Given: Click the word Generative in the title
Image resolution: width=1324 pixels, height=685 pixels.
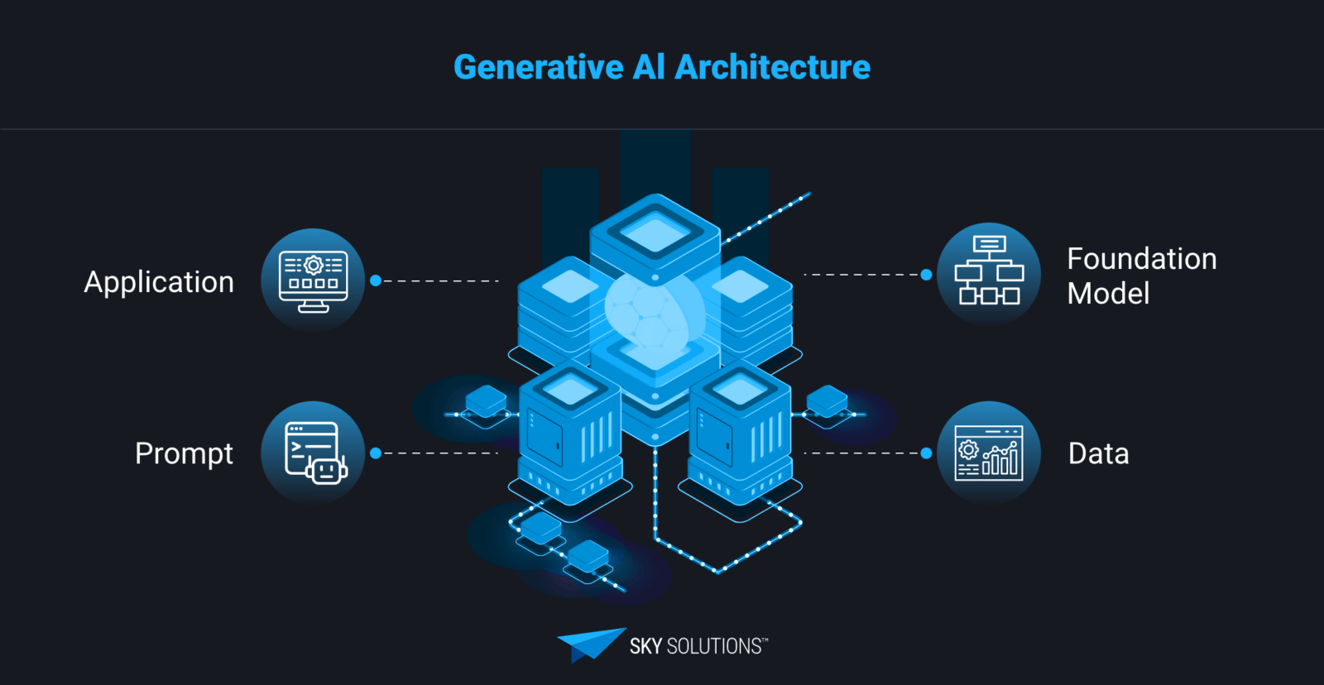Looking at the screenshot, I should (538, 67).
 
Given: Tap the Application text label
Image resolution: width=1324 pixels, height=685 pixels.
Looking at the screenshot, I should (159, 282).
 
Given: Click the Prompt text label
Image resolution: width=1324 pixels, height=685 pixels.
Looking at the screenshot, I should (184, 453).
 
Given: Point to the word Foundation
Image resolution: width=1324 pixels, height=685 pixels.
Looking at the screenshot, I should (1141, 259).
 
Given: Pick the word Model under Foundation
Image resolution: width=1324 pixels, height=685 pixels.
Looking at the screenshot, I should (1108, 294).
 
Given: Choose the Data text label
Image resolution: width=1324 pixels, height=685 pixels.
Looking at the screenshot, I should (1098, 453).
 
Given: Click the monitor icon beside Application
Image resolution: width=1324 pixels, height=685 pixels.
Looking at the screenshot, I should (313, 280).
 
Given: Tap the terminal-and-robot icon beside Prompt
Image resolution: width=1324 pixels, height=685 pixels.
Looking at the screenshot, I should (313, 453).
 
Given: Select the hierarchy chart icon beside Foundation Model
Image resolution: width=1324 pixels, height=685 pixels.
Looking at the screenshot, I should (989, 271).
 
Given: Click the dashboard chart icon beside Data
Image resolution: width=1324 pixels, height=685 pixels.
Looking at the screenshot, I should (989, 453).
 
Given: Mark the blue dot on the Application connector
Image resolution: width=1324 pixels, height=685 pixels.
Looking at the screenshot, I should (376, 281).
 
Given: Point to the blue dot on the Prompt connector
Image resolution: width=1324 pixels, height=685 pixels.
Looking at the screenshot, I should (376, 453).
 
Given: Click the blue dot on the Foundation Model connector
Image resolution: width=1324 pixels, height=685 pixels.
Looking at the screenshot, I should (926, 275).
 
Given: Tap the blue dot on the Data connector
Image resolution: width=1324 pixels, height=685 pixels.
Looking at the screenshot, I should (926, 453).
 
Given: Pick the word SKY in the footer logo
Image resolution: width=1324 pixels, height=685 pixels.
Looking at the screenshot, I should (645, 646).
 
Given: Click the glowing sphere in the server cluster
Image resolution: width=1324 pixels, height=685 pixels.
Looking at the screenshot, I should (654, 310).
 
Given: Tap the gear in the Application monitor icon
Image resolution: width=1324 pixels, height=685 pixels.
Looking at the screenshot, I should (313, 266).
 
